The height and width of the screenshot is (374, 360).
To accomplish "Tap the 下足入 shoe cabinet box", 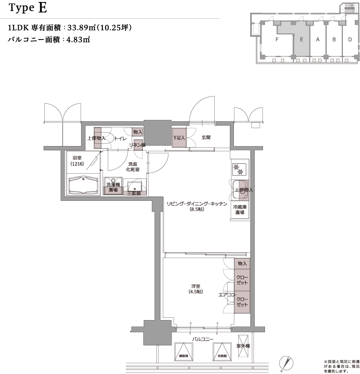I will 179,138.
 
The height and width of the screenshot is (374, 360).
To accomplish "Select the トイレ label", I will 121,139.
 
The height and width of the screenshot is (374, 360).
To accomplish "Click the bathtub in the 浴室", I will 83,185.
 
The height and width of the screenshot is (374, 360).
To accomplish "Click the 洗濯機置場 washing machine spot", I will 113,187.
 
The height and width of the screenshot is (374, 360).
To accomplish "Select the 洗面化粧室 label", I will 133,167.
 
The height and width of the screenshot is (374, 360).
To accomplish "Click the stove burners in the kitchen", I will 238,170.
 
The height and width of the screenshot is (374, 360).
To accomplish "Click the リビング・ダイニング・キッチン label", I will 197,206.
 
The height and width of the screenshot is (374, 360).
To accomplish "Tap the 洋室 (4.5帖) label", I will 196,289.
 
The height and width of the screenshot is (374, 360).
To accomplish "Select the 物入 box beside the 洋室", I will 242,264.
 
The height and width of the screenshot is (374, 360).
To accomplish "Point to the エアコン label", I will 226,295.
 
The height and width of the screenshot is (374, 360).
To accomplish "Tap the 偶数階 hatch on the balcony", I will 184,351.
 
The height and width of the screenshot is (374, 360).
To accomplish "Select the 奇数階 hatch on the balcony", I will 222,351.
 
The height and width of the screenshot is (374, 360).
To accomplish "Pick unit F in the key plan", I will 277,40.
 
